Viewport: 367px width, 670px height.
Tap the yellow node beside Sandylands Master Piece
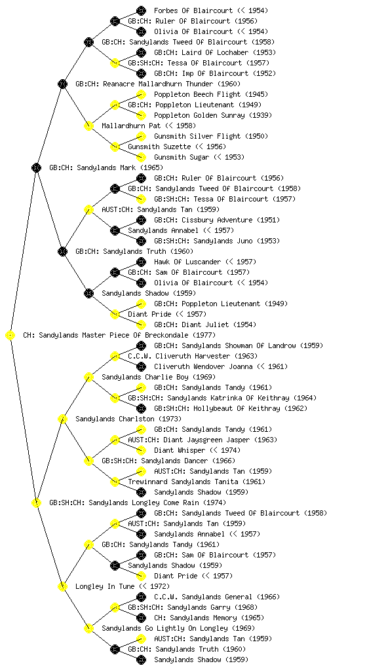tap(10, 336)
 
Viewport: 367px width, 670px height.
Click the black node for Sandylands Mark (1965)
tap(36, 168)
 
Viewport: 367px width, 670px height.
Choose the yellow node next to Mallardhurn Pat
tap(88, 126)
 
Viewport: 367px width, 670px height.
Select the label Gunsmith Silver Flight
tap(197, 136)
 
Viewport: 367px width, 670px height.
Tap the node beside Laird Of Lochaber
tap(141, 52)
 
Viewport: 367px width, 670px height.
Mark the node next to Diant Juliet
tap(141, 325)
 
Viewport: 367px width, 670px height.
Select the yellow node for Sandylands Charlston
tap(62, 419)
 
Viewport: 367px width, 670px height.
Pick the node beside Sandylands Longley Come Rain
tap(36, 503)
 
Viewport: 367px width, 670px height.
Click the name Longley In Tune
tap(105, 587)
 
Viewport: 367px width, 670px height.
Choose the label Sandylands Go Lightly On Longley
tap(164, 629)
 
